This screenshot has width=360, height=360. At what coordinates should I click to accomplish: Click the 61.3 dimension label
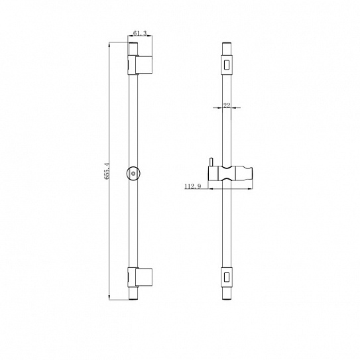(140, 33)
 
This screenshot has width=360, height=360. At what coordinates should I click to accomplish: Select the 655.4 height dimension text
(107, 171)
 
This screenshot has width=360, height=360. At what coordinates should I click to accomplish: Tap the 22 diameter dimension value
(227, 105)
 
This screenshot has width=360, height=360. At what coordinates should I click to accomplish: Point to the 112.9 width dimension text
(193, 186)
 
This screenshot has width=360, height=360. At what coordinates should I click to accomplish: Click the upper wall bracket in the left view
(140, 65)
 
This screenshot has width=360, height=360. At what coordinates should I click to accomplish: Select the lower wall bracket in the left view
(140, 277)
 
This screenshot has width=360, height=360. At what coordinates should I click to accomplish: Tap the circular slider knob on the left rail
(133, 174)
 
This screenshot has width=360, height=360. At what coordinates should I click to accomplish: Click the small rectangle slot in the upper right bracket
(227, 64)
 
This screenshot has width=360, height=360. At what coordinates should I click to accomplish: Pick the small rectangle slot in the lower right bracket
(227, 276)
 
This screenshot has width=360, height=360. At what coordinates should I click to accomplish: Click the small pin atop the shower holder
(211, 162)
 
